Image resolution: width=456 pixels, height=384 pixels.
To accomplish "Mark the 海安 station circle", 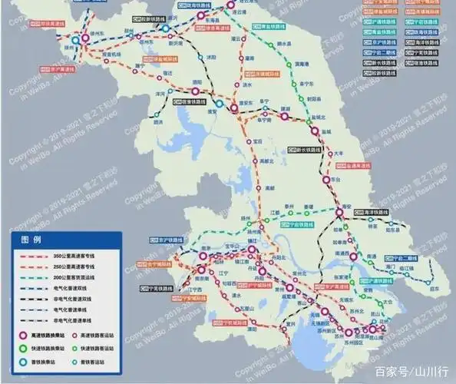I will (x=336, y=214).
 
